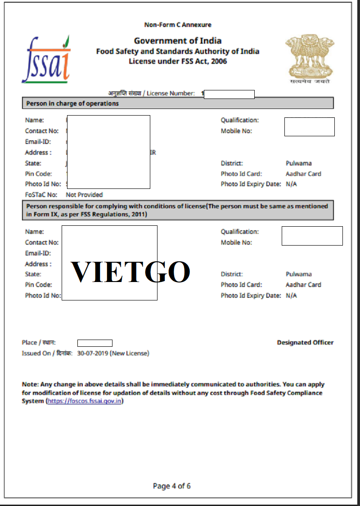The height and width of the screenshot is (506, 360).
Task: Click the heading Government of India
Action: (x=177, y=41)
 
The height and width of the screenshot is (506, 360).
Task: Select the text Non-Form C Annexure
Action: (x=177, y=25)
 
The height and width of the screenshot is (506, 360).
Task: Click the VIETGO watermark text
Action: (x=130, y=272)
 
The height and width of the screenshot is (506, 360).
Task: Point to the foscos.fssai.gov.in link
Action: (x=84, y=401)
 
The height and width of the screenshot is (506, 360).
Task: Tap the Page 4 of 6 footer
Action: (x=171, y=486)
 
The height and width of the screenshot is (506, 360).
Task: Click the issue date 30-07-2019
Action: (x=92, y=354)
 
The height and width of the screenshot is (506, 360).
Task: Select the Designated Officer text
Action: (x=305, y=343)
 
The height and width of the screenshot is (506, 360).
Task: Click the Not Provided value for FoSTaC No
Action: (x=84, y=195)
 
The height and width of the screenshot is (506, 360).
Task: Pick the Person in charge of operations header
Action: (x=72, y=103)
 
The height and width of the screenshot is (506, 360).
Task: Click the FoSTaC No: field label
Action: (x=41, y=195)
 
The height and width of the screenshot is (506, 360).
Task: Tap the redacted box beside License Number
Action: (x=229, y=94)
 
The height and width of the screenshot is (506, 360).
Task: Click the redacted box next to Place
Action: (x=94, y=343)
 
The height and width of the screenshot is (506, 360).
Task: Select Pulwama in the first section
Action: (x=298, y=163)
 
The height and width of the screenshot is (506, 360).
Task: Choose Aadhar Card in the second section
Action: (x=303, y=285)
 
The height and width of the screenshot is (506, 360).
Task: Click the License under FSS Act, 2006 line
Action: (x=178, y=61)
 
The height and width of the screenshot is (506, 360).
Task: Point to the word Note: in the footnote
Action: (x=30, y=385)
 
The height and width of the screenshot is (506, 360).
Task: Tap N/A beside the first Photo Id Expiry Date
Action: (x=291, y=184)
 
